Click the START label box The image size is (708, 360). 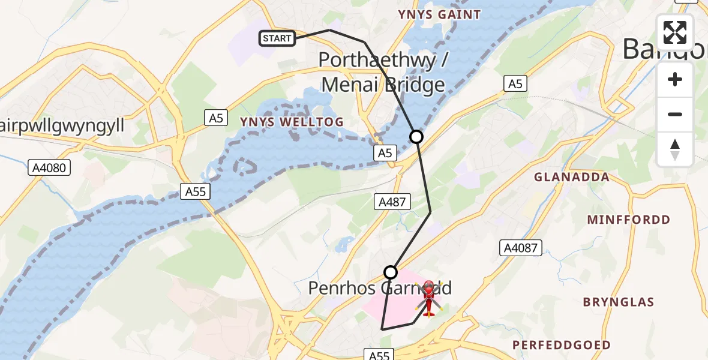(277, 38)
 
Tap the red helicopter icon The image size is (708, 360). (428, 298)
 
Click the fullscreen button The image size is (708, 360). (675, 32)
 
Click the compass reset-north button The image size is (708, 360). (675, 149)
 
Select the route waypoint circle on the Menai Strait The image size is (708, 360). (416, 137)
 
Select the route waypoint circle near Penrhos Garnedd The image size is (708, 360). (391, 272)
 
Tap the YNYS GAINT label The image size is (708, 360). (440, 14)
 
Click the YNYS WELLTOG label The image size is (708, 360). (292, 122)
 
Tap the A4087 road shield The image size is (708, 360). (521, 247)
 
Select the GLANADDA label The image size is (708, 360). (571, 177)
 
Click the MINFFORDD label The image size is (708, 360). (628, 220)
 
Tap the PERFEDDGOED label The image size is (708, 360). (561, 345)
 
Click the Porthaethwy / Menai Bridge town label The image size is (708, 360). (382, 72)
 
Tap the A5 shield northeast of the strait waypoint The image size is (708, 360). (515, 84)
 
